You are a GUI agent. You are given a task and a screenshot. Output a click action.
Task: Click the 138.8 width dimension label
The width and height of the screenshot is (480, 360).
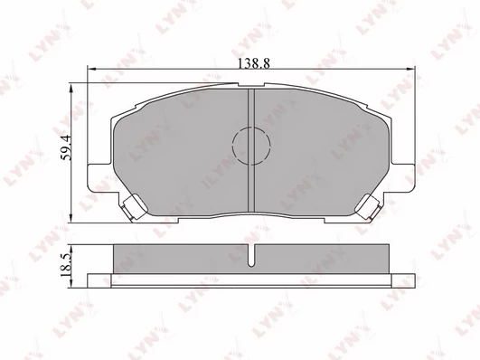pyautogui.click(x=254, y=63)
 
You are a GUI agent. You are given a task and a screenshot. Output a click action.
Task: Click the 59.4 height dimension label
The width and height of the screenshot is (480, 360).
pyautogui.click(x=66, y=147)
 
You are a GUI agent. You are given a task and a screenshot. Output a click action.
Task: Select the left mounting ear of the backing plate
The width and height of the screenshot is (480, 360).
pyautogui.click(x=99, y=177)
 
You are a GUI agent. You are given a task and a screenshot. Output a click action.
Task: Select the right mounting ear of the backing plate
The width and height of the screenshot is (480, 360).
pyautogui.click(x=404, y=177)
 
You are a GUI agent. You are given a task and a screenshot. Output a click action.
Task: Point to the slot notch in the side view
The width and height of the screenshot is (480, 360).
pyautogui.click(x=251, y=255)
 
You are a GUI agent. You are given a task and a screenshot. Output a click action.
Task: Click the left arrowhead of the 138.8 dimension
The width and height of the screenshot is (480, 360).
pyautogui.click(x=91, y=69)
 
